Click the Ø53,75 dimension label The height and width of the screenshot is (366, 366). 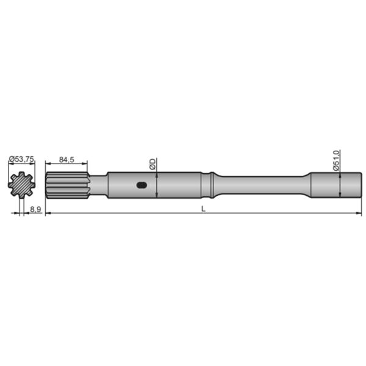tap(21, 160)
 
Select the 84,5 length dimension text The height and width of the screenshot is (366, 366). tap(66, 160)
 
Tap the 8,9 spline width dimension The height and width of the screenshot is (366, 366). tap(35, 209)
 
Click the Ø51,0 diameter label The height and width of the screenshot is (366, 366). tap(336, 160)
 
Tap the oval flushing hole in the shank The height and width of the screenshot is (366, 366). tap(141, 185)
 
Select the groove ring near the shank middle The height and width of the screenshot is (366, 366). tap(210, 185)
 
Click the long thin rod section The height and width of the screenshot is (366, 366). tap(259, 185)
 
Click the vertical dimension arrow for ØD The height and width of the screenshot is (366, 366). tap(157, 185)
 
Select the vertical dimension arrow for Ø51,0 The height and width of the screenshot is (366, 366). tap(340, 185)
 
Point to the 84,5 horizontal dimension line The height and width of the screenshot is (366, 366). tap(66, 164)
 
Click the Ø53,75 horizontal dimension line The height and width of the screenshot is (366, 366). tap(21, 164)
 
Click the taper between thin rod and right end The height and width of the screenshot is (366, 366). tap(305, 185)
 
